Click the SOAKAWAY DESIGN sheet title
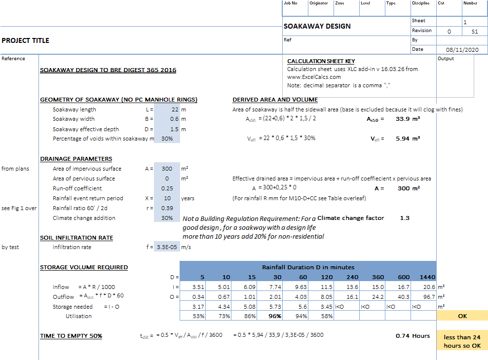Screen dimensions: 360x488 [317, 26]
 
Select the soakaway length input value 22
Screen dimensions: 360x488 [175, 109]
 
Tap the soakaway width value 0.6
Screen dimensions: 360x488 [175, 119]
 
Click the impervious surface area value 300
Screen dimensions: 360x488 [167, 169]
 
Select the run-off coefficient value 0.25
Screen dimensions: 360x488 [167, 188]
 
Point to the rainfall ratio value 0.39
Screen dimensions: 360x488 [167, 208]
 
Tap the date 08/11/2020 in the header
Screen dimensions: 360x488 [462, 50]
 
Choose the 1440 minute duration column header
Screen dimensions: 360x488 [427, 277]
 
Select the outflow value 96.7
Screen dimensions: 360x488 [429, 297]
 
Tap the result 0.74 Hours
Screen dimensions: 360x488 [413, 336]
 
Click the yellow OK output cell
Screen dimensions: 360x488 [462, 316]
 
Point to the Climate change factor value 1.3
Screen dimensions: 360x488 [405, 218]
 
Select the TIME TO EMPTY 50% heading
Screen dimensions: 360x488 [71, 336]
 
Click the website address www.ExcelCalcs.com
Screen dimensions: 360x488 [314, 77]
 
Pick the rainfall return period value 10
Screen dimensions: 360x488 [167, 198]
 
